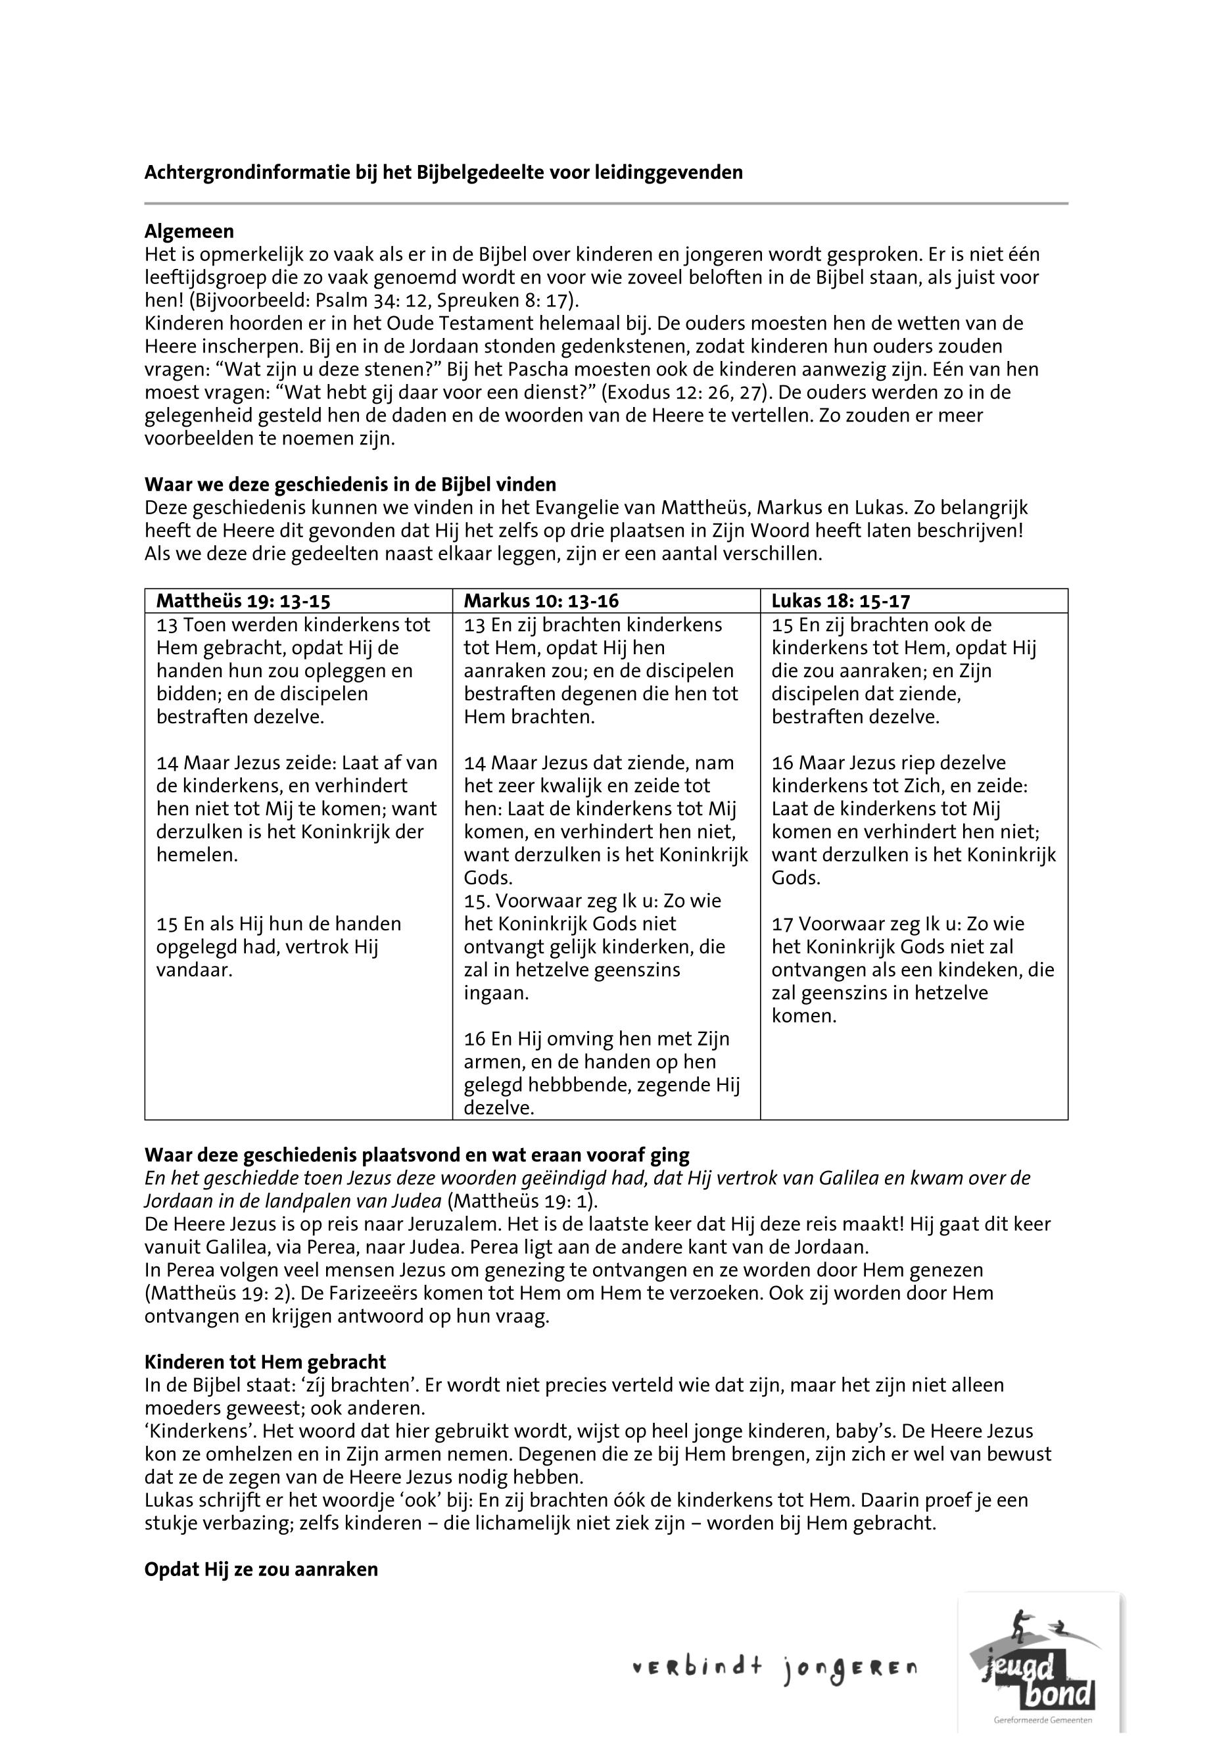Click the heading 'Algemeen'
189,231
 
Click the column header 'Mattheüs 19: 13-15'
243,600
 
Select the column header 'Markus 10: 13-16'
541,600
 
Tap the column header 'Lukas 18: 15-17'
841,600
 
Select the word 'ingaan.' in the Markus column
496,993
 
